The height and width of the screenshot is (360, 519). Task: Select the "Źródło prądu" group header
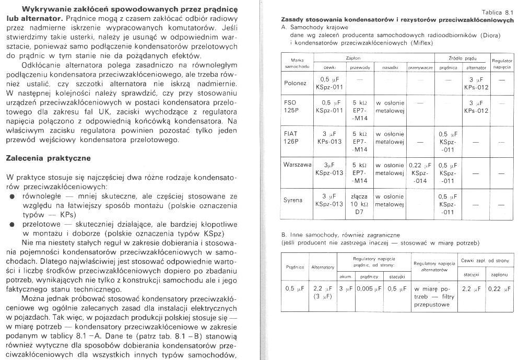tap(462, 59)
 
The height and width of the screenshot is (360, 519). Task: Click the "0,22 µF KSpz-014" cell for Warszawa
tap(421, 173)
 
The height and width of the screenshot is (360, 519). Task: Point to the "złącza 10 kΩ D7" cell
tap(360, 204)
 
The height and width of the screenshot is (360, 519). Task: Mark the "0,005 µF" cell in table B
tap(369, 288)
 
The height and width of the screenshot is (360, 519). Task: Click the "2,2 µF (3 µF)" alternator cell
tap(322, 292)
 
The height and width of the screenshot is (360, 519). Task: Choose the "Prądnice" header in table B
tap(295, 267)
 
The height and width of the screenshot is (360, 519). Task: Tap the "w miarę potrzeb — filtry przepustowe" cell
tap(432, 296)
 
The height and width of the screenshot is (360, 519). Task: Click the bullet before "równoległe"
tap(12, 196)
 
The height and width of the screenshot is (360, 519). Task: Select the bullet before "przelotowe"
tap(12, 224)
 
